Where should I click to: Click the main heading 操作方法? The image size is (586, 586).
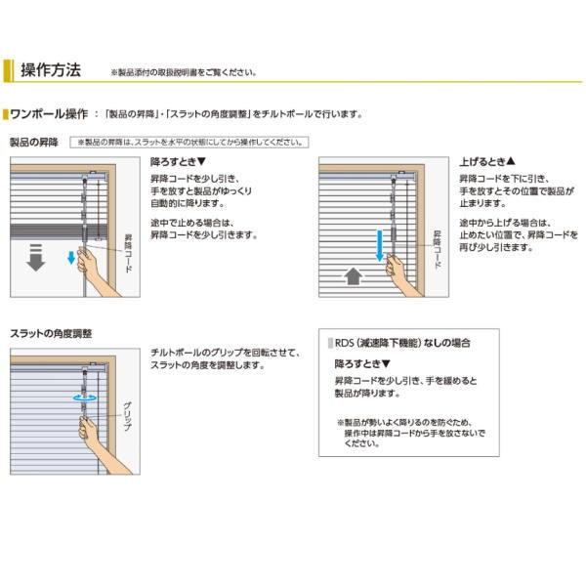pos(50,70)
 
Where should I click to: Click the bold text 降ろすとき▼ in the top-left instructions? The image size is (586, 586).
pos(179,161)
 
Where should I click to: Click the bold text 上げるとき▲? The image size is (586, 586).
pos(485,161)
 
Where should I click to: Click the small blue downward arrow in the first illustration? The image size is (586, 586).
pos(70,258)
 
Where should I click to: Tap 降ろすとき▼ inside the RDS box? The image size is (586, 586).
pos(362,363)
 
